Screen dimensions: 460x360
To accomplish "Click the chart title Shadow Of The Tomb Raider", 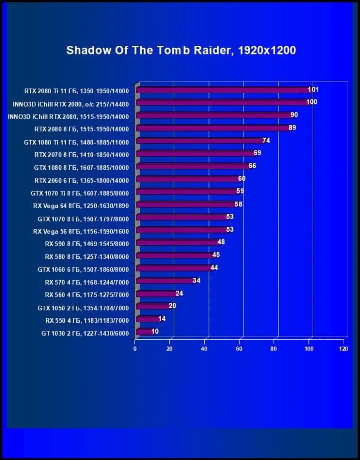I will click(x=181, y=50).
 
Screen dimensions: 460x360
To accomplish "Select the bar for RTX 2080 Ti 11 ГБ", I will click(x=223, y=90).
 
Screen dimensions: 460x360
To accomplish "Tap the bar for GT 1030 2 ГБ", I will click(x=144, y=332).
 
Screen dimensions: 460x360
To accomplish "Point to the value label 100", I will click(x=312, y=102).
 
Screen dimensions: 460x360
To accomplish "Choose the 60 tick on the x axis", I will click(x=239, y=349).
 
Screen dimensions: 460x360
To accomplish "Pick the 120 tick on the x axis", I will click(x=343, y=349).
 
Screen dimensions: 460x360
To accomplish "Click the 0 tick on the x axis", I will click(x=135, y=349).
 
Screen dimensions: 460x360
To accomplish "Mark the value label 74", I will click(x=266, y=141).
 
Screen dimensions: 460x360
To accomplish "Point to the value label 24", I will click(x=179, y=293).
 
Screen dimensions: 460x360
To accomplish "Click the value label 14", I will click(x=162, y=319).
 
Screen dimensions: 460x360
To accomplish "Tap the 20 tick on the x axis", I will click(x=170, y=349).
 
